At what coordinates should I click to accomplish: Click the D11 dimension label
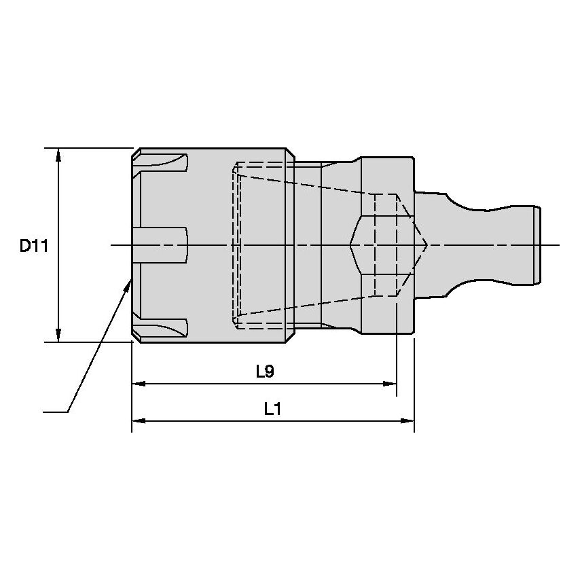click(34, 246)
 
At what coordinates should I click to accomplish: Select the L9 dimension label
click(265, 371)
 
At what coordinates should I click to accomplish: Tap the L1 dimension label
click(273, 409)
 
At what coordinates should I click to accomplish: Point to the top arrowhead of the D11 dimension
click(58, 155)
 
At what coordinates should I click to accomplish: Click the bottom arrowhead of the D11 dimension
click(58, 335)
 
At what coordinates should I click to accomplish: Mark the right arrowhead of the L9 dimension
click(390, 384)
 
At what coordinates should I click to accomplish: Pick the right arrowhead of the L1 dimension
click(407, 421)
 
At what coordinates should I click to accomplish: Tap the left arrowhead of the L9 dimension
click(139, 384)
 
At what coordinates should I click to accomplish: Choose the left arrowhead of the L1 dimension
click(139, 421)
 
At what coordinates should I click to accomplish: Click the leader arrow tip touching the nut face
click(131, 279)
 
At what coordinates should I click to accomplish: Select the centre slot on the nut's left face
click(160, 245)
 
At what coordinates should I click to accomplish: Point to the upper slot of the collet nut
click(160, 163)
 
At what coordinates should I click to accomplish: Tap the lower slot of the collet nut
click(160, 327)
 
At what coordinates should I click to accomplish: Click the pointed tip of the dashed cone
click(427, 245)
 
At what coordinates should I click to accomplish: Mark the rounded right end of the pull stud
click(539, 245)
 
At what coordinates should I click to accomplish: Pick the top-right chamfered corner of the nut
click(291, 153)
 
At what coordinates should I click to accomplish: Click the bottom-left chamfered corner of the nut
click(137, 338)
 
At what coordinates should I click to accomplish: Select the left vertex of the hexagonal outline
click(350, 245)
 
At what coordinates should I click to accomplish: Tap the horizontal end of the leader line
click(43, 412)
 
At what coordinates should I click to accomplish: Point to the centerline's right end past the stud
click(560, 245)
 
